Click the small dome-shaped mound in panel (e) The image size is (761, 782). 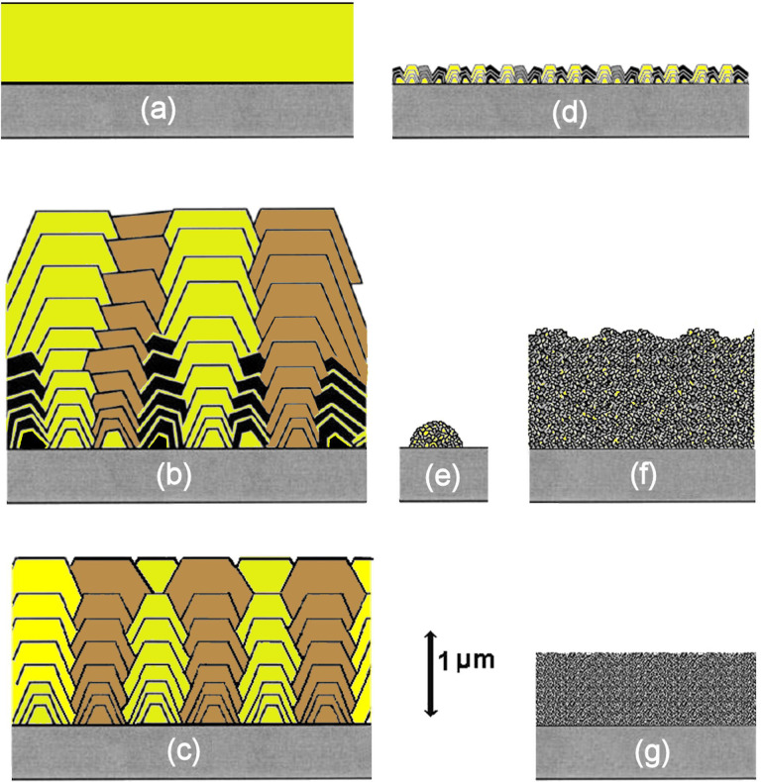click(x=442, y=433)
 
